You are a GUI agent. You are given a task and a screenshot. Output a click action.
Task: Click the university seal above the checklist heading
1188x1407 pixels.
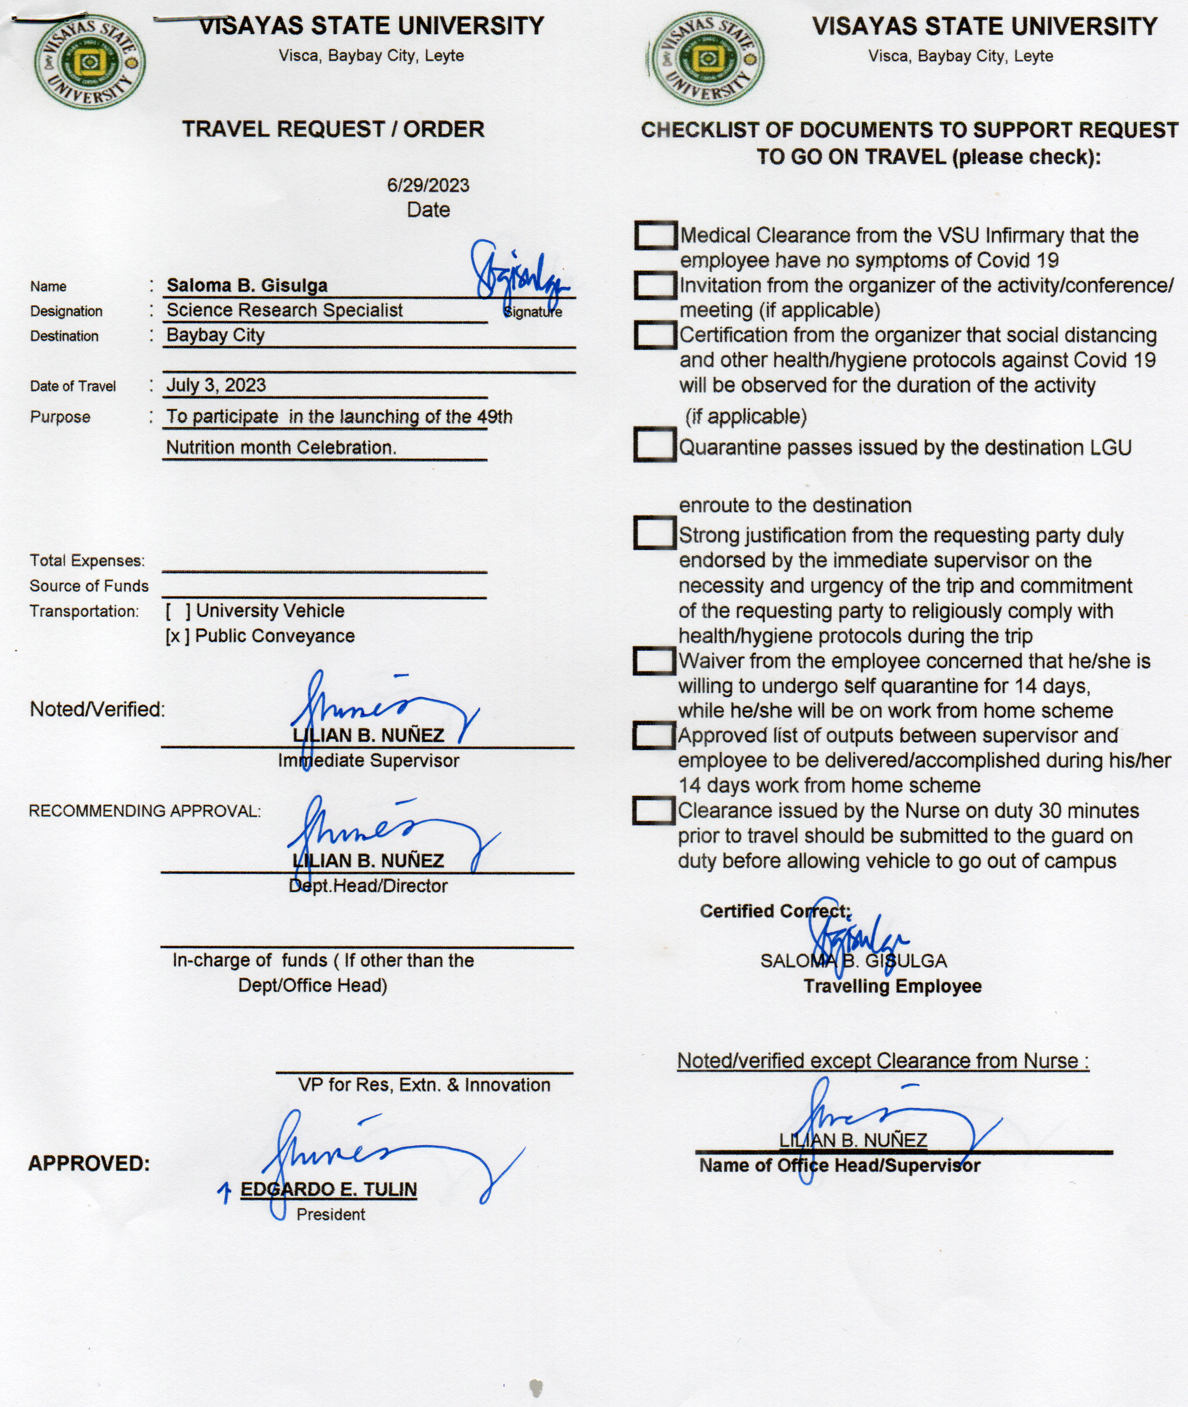tap(707, 60)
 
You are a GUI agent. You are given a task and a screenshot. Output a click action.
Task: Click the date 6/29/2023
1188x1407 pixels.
tap(428, 185)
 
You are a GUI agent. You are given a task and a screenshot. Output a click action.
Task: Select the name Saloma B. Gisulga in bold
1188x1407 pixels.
tap(247, 286)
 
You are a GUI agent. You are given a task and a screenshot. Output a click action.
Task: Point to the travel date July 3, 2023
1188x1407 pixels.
tap(216, 385)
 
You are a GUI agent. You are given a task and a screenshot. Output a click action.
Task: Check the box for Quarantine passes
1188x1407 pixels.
tap(654, 445)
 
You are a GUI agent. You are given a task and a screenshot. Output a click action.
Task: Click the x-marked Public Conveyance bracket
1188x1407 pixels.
tap(178, 636)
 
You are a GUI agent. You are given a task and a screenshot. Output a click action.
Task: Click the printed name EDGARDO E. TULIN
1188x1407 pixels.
tap(329, 1190)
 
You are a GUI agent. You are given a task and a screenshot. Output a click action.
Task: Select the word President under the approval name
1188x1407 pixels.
tap(331, 1214)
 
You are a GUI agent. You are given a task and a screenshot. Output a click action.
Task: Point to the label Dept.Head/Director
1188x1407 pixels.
tap(368, 886)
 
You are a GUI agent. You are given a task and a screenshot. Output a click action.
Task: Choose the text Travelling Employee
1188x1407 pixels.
tap(893, 986)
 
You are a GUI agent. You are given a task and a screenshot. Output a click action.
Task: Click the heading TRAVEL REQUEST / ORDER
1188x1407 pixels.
tap(333, 129)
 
